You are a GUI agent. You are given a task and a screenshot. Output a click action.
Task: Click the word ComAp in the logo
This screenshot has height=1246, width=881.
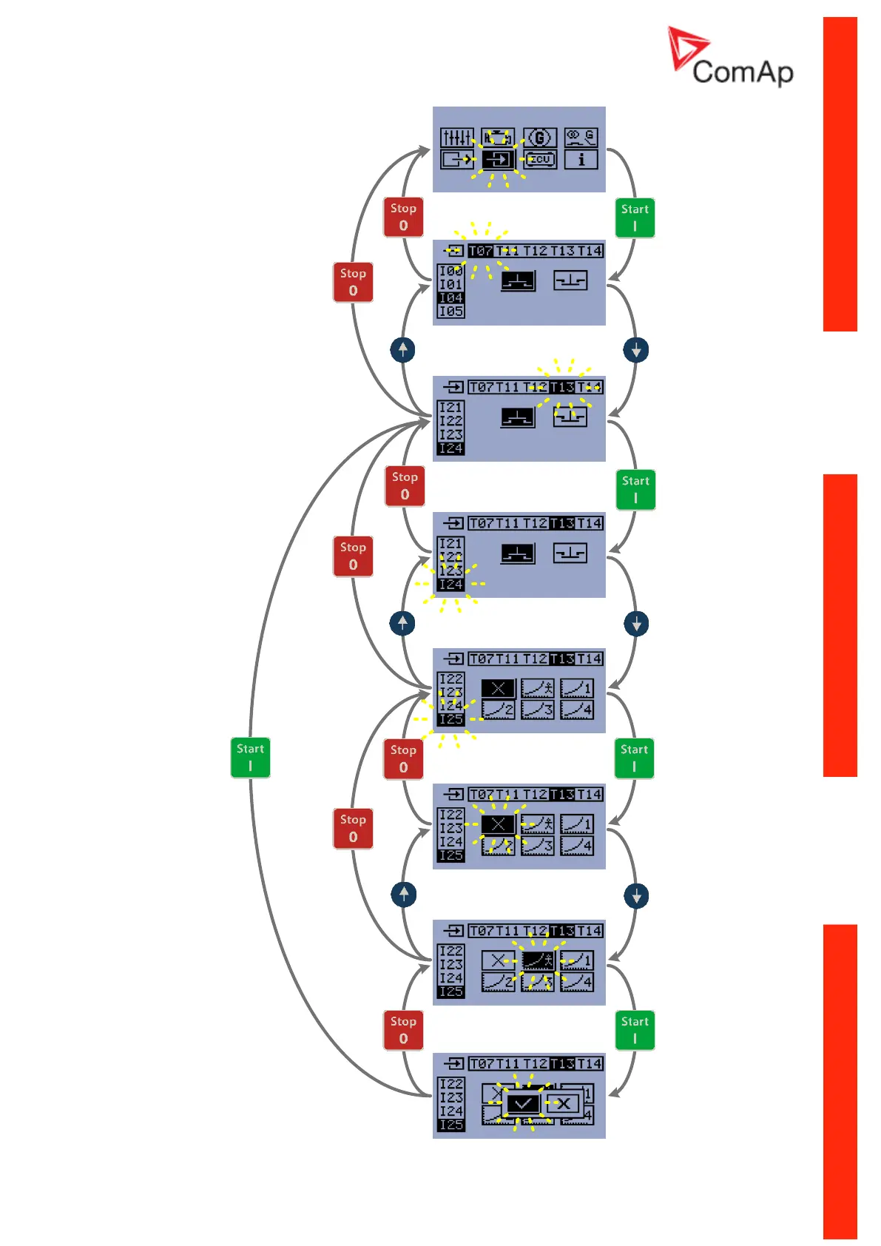click(x=743, y=72)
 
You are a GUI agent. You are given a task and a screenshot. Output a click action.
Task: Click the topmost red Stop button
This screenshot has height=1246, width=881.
click(x=403, y=217)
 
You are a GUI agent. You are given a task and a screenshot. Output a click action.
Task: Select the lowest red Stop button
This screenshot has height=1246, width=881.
click(x=403, y=1030)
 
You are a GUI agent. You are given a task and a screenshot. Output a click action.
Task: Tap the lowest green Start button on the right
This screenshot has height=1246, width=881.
click(x=635, y=1030)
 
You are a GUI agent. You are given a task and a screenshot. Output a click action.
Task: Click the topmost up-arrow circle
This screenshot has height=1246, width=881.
click(x=402, y=349)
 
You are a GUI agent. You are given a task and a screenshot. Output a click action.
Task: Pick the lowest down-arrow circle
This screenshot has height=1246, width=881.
click(x=636, y=896)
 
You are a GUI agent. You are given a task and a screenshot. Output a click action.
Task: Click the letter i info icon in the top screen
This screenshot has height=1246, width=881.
click(x=581, y=159)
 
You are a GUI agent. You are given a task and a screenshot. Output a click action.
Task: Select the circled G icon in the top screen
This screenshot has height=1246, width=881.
click(x=539, y=138)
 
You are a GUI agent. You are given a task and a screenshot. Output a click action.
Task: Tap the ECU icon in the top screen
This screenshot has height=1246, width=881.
click(x=540, y=159)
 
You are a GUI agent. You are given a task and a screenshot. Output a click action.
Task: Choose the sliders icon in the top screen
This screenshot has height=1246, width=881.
click(x=457, y=138)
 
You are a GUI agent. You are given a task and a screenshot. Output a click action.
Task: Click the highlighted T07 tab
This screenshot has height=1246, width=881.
click(x=481, y=251)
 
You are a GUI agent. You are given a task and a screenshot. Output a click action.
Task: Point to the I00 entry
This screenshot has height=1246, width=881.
click(x=450, y=271)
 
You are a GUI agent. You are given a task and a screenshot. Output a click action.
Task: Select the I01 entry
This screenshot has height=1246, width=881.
click(x=450, y=284)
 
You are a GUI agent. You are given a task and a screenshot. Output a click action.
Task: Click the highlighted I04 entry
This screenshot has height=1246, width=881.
click(x=450, y=297)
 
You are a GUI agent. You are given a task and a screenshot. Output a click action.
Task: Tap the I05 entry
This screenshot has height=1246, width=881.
click(x=450, y=311)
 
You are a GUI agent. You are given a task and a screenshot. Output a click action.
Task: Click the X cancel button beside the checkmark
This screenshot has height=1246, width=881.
click(x=563, y=1104)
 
